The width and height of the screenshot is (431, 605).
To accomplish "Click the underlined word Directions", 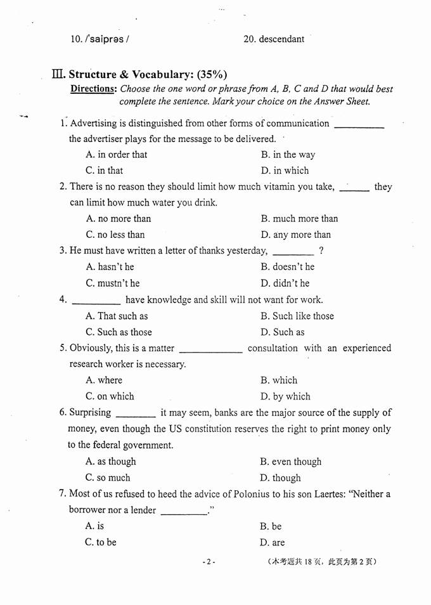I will coord(94,89).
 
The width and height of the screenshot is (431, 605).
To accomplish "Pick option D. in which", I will coord(285,171).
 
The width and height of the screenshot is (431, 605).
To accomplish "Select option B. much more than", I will coord(299,219).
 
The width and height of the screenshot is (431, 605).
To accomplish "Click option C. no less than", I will coord(115,235).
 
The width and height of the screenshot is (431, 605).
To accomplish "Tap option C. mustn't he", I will coord(112,283).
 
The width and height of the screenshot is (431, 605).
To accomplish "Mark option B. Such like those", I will coord(297,316).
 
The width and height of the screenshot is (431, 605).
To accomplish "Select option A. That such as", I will coord(116,316).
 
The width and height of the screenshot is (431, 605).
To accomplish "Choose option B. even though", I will coord(290,462).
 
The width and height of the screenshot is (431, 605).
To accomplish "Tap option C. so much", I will coord(108,478).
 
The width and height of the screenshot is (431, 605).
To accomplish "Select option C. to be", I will coord(101,542).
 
